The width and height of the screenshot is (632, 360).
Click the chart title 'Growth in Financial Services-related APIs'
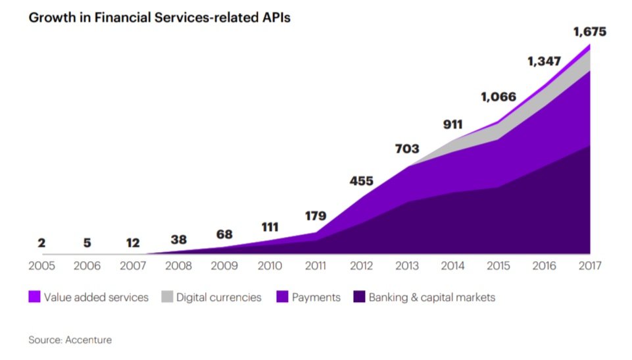[159, 18]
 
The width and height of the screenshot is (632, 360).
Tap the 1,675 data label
[589, 32]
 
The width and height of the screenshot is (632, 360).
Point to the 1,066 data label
[498, 97]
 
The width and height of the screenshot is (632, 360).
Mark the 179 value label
[316, 215]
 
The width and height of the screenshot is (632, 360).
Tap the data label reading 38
[178, 240]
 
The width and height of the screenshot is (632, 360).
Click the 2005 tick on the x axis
[41, 266]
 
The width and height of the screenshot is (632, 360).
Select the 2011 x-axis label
[316, 266]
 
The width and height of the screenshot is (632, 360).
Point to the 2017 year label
[590, 266]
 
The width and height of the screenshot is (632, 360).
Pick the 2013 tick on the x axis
[407, 266]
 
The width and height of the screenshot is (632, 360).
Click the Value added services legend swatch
[34, 297]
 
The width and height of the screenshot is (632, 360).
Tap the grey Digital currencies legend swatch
[167, 297]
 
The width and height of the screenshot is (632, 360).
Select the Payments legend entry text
[316, 297]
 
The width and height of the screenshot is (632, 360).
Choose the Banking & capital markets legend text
[431, 297]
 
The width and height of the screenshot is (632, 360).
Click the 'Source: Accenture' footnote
[70, 340]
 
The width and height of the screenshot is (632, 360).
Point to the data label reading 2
[41, 243]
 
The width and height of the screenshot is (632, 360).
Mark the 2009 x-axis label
[224, 266]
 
